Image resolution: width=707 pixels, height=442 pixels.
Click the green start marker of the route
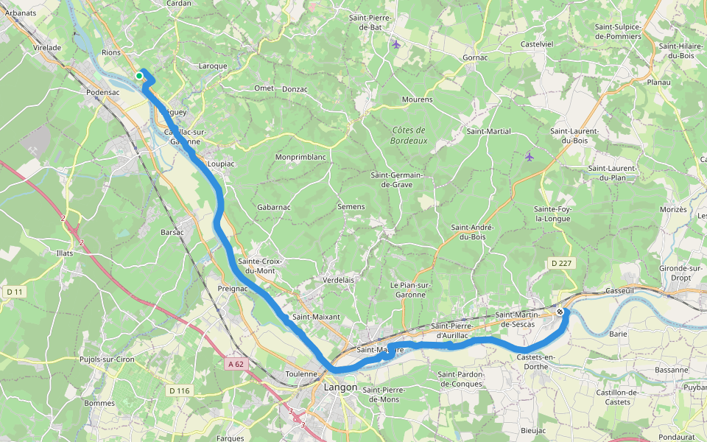(x=138, y=75)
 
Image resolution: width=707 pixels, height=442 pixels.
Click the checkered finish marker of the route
(x=560, y=312)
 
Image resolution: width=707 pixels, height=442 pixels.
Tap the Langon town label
(x=340, y=387)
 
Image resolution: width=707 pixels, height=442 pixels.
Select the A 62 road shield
(x=235, y=364)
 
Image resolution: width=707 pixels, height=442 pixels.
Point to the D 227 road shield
(x=561, y=263)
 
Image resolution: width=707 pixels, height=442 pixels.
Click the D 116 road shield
(x=179, y=390)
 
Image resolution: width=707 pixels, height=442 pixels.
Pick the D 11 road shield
(x=15, y=292)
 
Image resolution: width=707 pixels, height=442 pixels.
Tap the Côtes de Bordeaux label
(x=409, y=135)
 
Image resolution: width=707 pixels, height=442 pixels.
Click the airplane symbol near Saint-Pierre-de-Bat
(x=397, y=44)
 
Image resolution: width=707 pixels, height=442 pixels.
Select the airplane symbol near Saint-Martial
(x=530, y=156)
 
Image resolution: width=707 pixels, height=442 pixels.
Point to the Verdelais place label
(x=340, y=280)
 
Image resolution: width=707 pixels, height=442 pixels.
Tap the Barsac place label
(x=172, y=231)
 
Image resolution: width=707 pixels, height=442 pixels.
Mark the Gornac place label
(x=475, y=57)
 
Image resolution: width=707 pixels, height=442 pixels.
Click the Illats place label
(x=65, y=253)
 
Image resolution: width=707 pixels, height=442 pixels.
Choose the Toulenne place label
(x=300, y=373)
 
